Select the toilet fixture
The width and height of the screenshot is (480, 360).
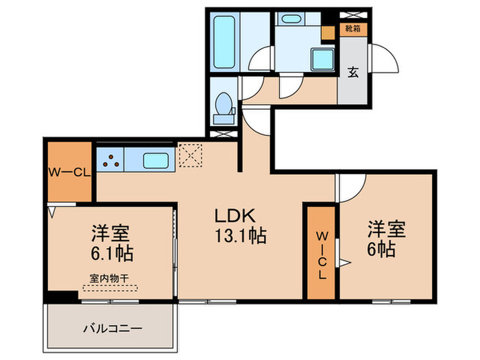pyautogui.click(x=223, y=108)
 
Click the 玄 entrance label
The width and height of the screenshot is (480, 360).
pyautogui.click(x=352, y=71)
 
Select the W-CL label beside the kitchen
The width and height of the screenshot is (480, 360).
pyautogui.click(x=68, y=173)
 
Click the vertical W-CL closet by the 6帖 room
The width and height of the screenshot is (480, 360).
pyautogui.click(x=321, y=252)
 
